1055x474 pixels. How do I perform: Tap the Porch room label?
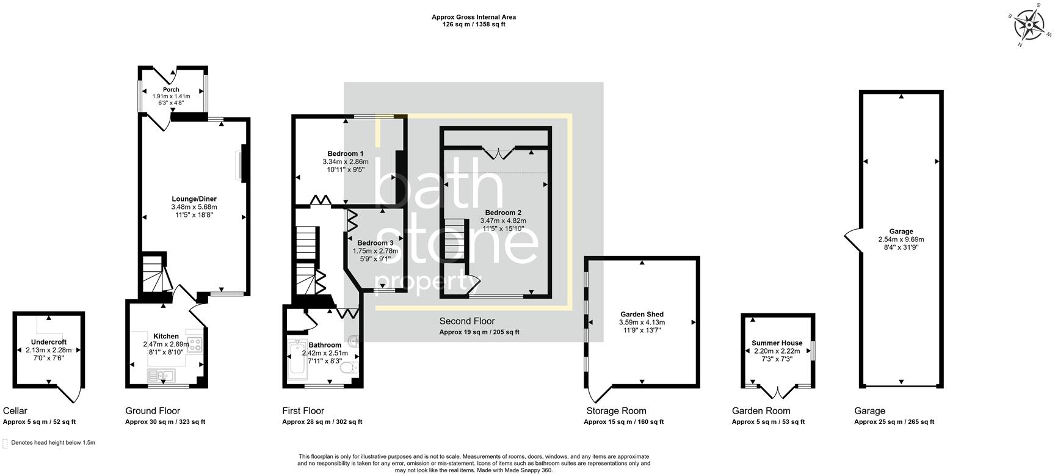coord(171,90)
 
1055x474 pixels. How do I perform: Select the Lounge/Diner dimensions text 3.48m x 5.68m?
coord(194,207)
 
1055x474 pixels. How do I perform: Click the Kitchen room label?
coord(166,337)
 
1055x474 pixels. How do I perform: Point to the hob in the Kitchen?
coord(195,345)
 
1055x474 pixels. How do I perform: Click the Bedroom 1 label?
coord(346,154)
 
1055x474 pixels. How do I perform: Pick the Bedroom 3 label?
coord(375,243)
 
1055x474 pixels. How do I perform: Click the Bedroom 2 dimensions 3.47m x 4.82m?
coord(503,221)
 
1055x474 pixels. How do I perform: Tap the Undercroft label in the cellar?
coord(49,342)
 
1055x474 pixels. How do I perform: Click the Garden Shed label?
coord(642,315)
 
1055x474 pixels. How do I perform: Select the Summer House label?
coord(777,343)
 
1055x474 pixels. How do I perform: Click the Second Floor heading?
coord(467,321)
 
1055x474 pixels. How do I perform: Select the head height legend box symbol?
coord(5,443)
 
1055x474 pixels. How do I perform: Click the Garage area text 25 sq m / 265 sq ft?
coord(894,422)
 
